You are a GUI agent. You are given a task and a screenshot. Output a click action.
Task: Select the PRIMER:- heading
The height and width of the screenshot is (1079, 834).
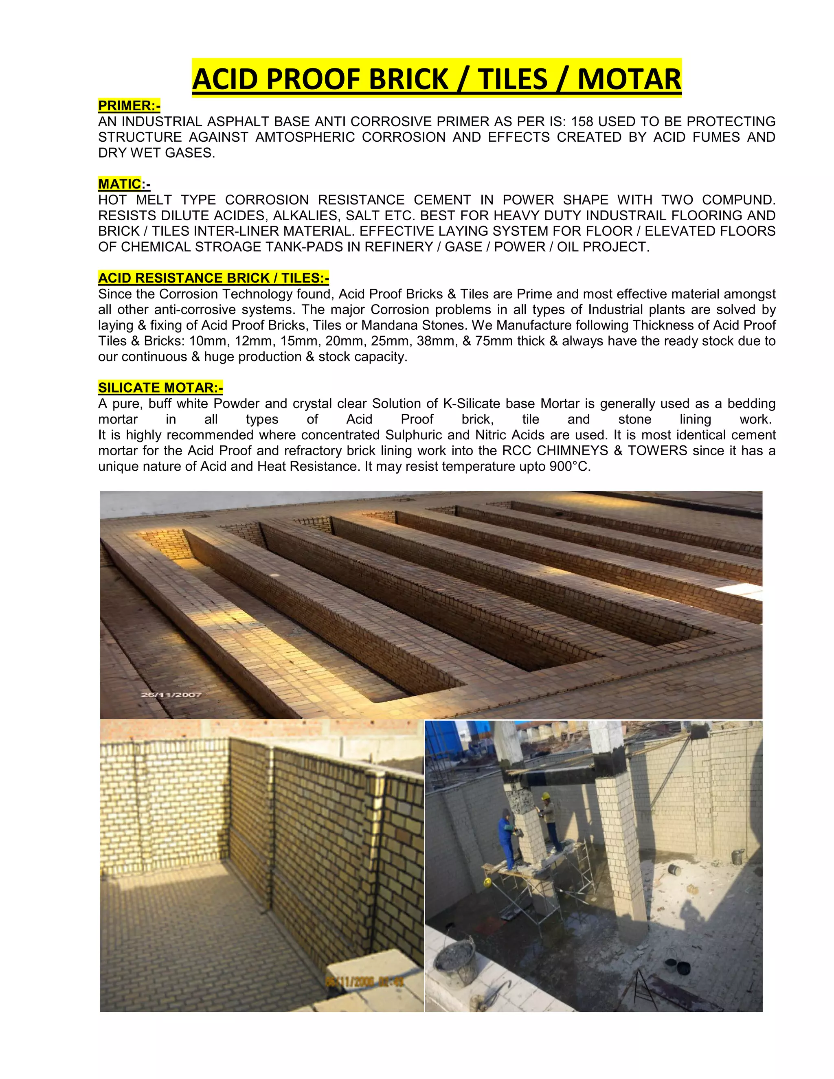[x=129, y=106]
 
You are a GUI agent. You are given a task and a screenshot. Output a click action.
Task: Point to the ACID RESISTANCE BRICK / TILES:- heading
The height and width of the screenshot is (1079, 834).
[x=213, y=278]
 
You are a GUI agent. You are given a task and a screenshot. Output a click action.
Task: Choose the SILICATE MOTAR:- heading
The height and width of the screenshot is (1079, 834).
[x=160, y=387]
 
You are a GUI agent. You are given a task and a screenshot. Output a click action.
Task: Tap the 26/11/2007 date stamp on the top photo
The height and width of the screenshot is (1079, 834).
[x=171, y=695]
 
